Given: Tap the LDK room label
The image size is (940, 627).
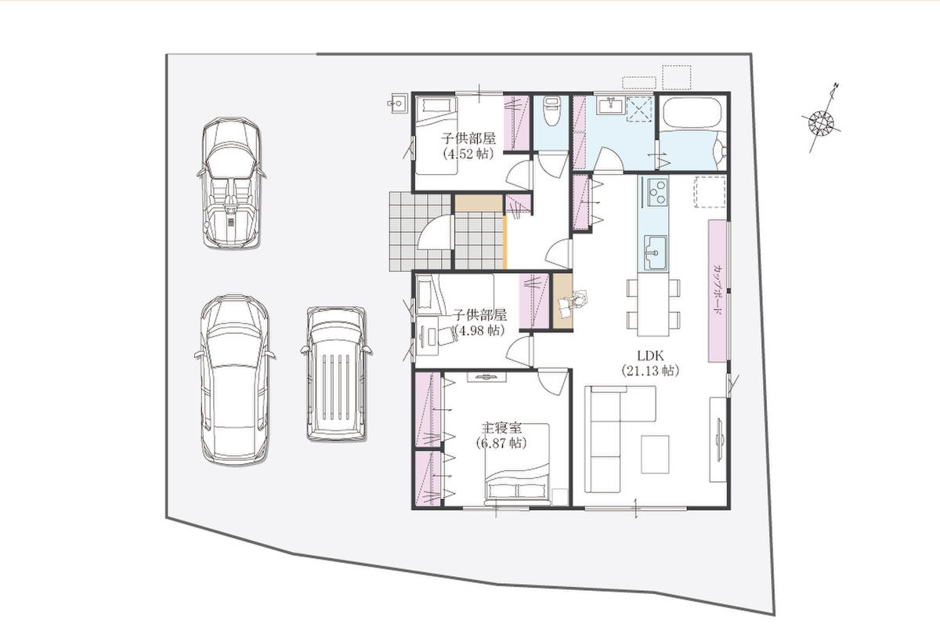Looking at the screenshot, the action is click(x=650, y=356).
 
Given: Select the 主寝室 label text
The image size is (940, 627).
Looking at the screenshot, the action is click(x=501, y=428).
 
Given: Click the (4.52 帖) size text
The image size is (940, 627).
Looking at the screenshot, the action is click(x=468, y=154).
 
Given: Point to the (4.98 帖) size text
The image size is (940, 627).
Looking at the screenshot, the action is click(x=479, y=331).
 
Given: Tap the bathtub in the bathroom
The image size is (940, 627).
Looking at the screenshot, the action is click(x=692, y=112).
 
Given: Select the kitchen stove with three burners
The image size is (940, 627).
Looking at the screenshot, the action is click(x=653, y=191).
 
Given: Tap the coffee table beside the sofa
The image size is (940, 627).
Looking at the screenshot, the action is click(x=655, y=455).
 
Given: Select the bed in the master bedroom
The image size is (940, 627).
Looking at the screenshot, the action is click(x=517, y=463).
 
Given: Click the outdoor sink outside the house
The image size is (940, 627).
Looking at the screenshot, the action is click(x=396, y=103).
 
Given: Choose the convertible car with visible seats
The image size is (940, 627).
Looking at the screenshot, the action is click(x=231, y=183).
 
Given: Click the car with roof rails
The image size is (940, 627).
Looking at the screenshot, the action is click(x=337, y=373).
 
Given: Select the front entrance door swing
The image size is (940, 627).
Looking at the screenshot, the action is click(x=434, y=233).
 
